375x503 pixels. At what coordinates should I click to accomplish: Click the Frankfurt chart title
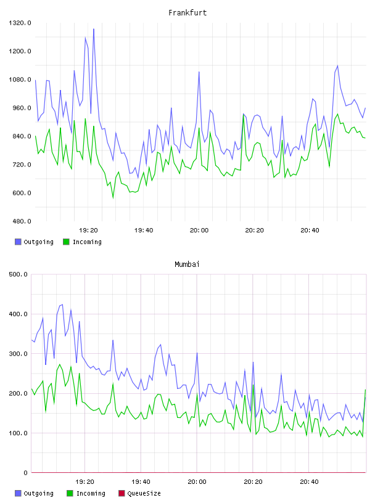(x=187, y=13)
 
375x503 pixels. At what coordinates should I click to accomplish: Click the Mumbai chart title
(x=187, y=264)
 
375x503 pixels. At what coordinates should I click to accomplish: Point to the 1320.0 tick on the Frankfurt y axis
(x=20, y=23)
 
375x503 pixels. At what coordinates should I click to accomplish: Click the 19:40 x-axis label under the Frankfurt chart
(x=144, y=231)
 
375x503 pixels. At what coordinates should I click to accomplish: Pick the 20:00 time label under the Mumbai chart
(x=197, y=482)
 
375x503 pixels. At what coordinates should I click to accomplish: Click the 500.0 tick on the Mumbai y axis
(x=19, y=274)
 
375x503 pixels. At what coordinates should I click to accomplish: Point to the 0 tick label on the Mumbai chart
(x=25, y=473)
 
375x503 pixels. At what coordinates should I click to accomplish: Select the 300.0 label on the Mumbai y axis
(x=19, y=354)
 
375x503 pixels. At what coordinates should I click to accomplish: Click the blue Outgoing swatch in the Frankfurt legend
(x=18, y=242)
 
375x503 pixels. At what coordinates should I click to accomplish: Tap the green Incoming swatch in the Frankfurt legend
(x=66, y=242)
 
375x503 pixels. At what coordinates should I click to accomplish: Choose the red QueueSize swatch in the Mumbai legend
(x=122, y=493)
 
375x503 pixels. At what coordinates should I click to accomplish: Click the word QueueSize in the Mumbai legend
(x=144, y=494)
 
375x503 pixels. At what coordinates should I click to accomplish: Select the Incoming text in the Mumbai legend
(x=91, y=494)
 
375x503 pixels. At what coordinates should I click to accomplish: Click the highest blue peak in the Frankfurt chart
(x=93, y=29)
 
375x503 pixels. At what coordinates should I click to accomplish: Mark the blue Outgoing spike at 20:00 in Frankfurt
(x=199, y=72)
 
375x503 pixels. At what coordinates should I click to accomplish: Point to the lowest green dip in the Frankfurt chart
(x=113, y=198)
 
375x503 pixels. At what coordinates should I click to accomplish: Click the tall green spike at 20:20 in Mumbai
(x=253, y=385)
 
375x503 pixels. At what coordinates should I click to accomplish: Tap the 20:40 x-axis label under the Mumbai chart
(x=309, y=482)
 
